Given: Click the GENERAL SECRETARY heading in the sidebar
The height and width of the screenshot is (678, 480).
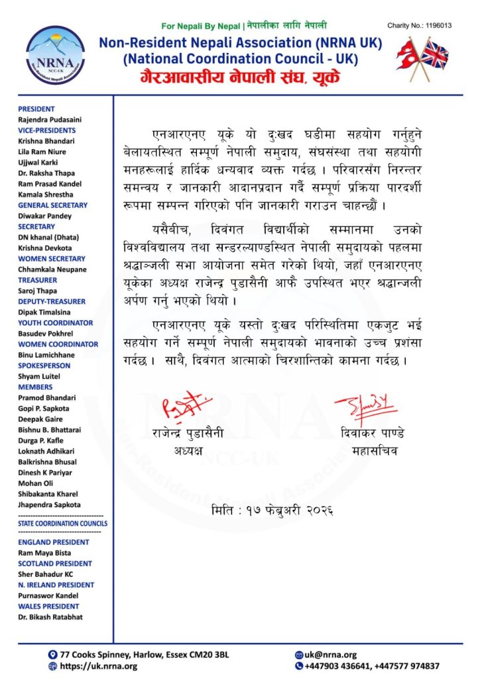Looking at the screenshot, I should point(52,205).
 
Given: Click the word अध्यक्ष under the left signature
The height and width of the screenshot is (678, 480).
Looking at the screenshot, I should point(187,452).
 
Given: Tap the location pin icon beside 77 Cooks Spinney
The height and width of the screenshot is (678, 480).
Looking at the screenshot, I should point(52,654).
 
